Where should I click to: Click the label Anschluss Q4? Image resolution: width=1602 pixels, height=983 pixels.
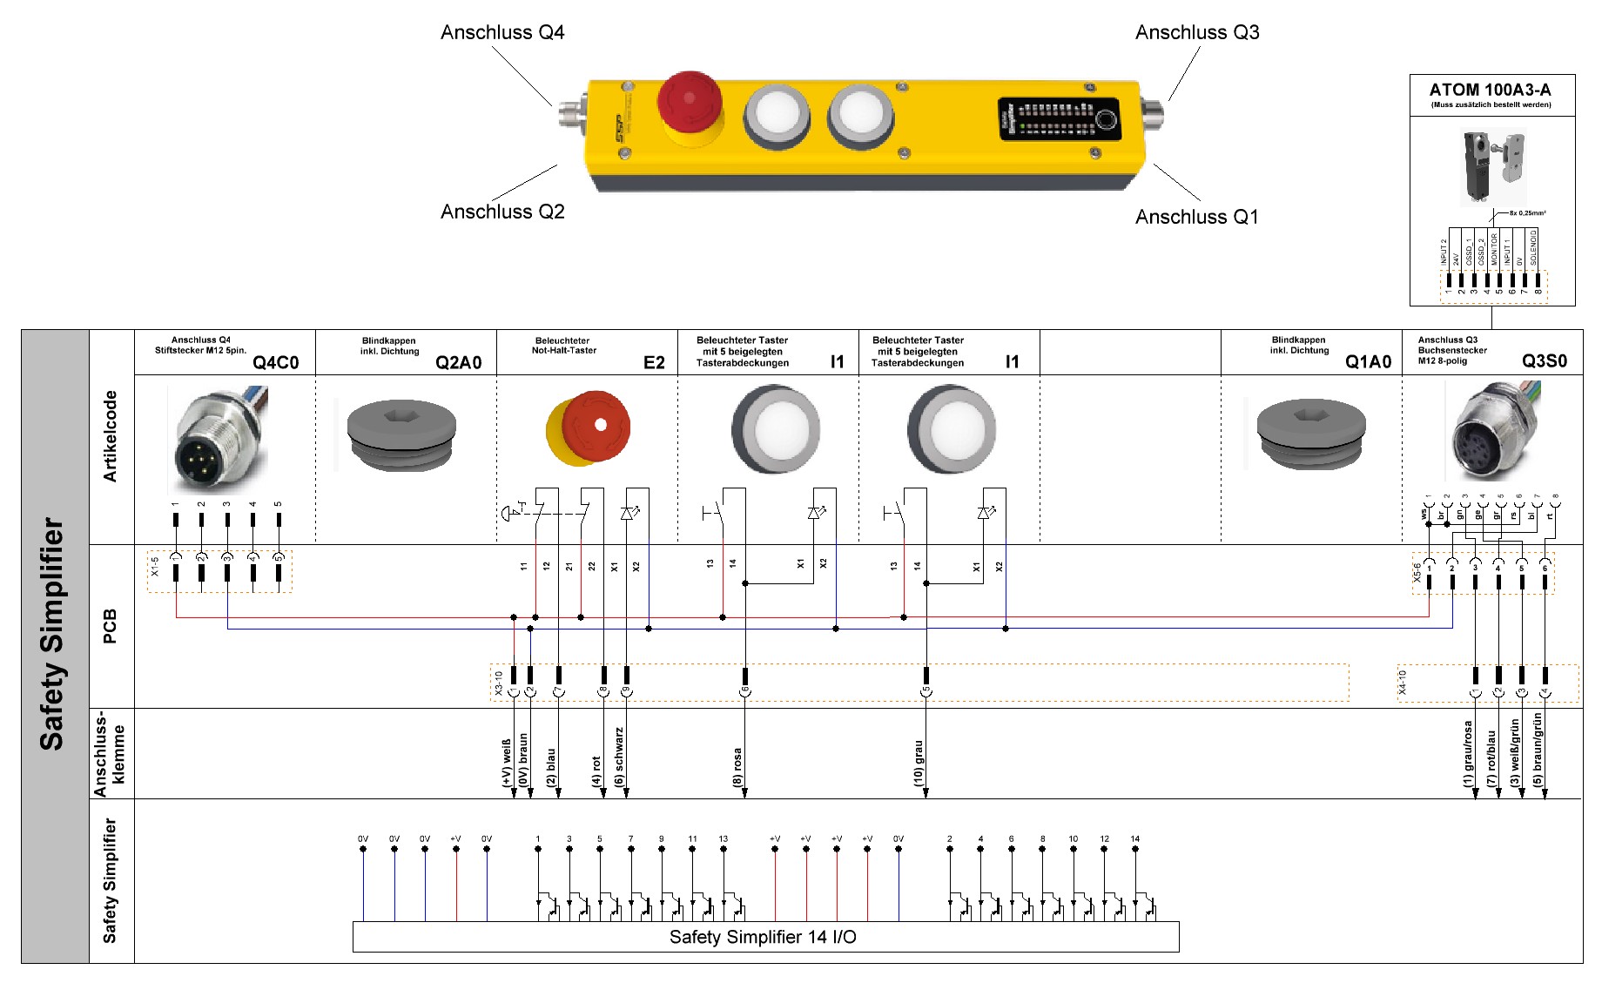click(502, 33)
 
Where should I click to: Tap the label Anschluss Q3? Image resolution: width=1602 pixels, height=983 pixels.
click(1196, 33)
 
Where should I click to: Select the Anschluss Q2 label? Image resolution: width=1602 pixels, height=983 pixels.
click(502, 212)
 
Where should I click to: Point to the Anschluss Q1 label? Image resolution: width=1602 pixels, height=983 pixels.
click(1196, 218)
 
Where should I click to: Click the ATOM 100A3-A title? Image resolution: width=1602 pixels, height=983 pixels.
click(1490, 90)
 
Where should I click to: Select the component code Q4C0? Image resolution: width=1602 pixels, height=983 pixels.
click(275, 362)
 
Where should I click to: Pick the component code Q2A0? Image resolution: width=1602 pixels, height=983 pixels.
click(458, 362)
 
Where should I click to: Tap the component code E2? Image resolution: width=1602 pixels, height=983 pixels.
click(654, 362)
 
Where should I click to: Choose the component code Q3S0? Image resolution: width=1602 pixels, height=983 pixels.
click(1544, 361)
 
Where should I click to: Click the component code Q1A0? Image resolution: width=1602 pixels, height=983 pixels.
click(1368, 362)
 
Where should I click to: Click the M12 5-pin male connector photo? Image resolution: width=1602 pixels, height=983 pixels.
click(218, 440)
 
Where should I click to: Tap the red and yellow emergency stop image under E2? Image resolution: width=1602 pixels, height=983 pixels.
click(588, 428)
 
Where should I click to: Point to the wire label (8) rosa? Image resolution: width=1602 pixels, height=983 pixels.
click(737, 766)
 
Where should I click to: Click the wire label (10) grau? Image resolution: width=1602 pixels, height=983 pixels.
click(919, 763)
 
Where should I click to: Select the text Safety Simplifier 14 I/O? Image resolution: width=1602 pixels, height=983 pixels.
click(763, 937)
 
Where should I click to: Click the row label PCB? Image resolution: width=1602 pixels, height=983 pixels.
click(110, 626)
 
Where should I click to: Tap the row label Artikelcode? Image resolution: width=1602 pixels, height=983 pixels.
click(110, 436)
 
